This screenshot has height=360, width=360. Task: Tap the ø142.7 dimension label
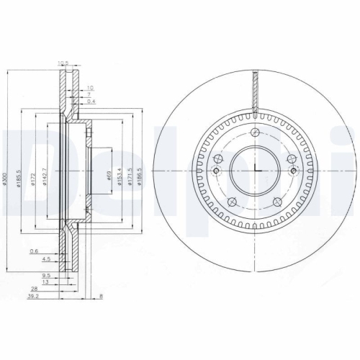(45, 176)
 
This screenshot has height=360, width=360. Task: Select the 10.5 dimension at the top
(63, 64)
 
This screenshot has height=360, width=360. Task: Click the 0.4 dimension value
(89, 101)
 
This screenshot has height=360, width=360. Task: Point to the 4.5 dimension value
(45, 258)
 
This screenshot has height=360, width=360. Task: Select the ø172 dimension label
(34, 176)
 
